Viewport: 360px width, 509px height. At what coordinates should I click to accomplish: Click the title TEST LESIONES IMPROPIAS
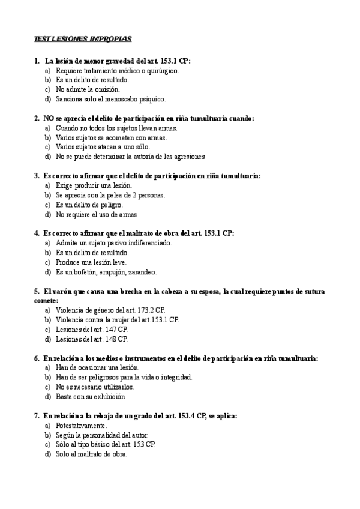pos(83,39)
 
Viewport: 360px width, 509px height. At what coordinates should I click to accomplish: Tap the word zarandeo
pos(142,272)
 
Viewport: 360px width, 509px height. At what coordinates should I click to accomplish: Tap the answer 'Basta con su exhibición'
pos(90,397)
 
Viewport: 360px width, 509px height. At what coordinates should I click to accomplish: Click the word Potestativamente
pos(82,425)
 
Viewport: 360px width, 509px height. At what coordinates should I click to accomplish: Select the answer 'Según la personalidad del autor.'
pos(102,435)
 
